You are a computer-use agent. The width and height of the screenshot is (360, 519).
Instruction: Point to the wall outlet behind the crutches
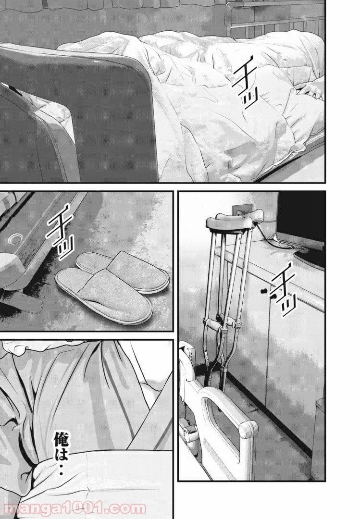click(x=241, y=210)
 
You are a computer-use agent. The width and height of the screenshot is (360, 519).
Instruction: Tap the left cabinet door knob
click(x=263, y=291)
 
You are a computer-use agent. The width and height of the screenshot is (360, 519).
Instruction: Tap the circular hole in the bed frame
click(x=15, y=238)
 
